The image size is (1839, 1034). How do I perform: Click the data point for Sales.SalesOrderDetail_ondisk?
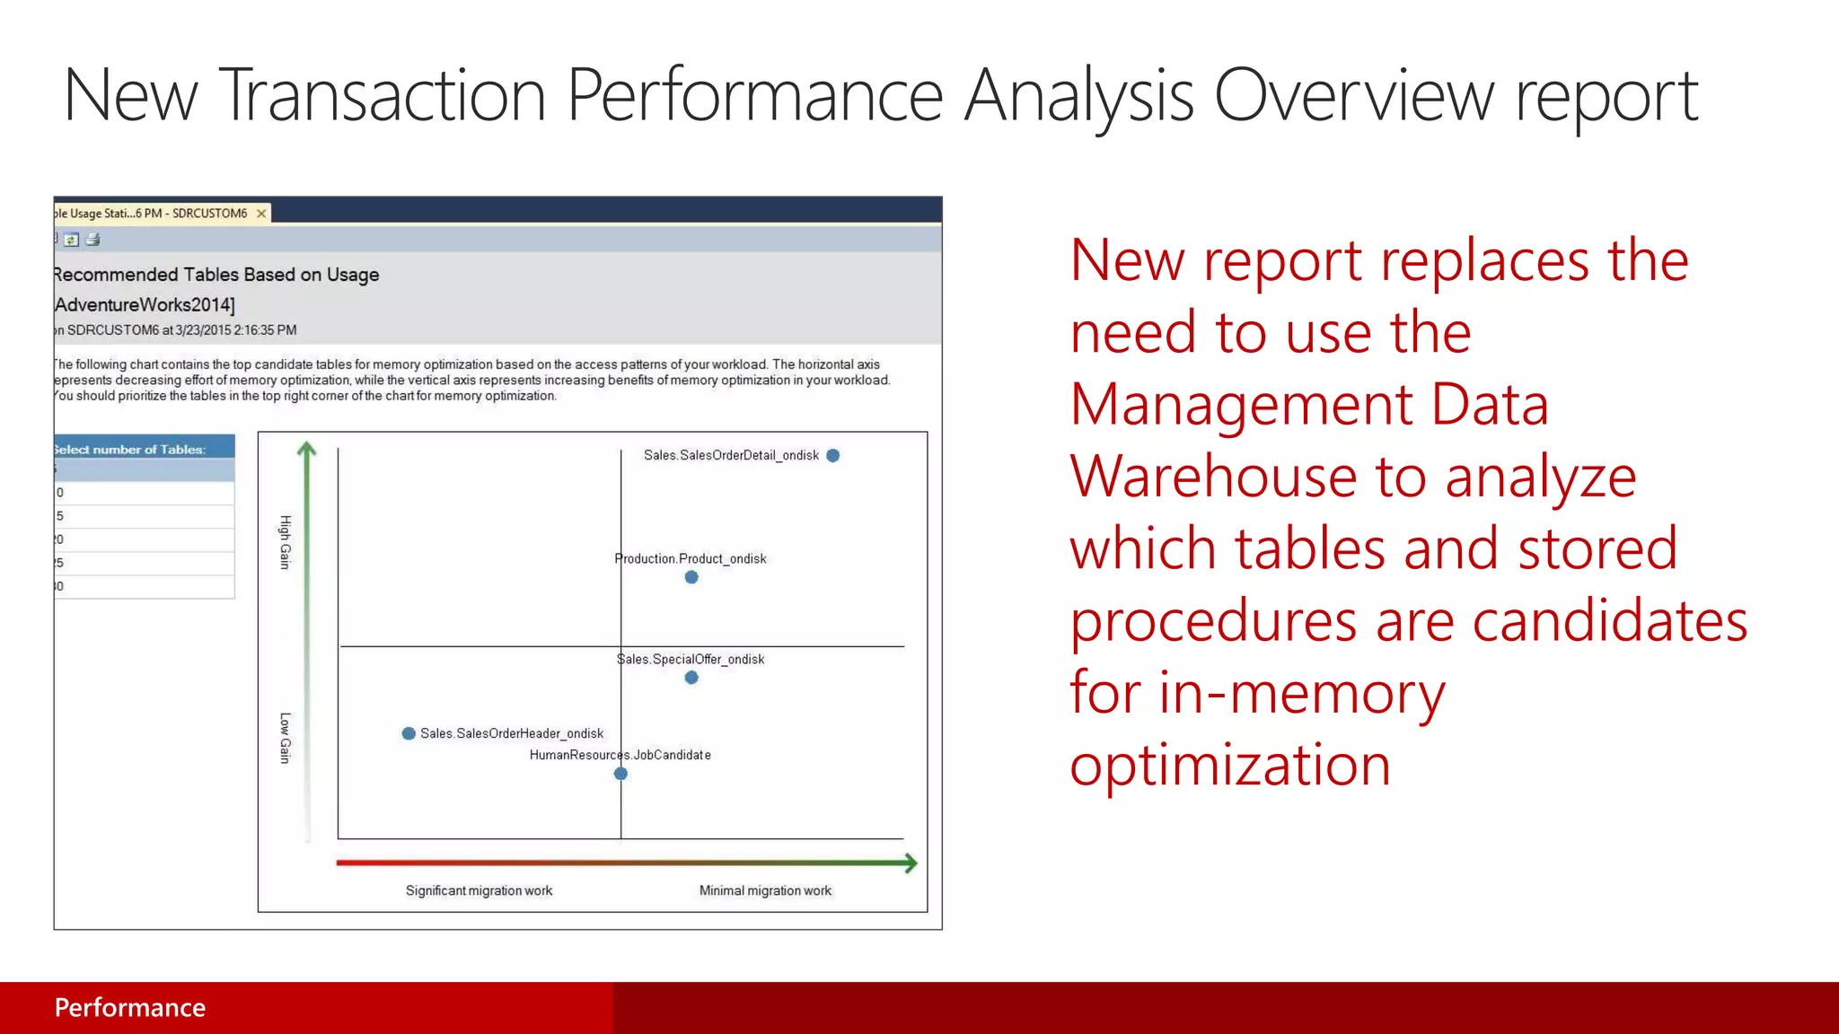pyautogui.click(x=832, y=456)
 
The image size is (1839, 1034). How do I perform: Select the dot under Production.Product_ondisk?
pyautogui.click(x=691, y=577)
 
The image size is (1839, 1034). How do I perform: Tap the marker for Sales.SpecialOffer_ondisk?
pyautogui.click(x=691, y=678)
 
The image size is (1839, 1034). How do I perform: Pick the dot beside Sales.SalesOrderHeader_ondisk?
pyautogui.click(x=409, y=733)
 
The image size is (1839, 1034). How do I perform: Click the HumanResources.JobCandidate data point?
pyautogui.click(x=620, y=774)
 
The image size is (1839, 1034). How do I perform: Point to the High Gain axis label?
pyautogui.click(x=286, y=542)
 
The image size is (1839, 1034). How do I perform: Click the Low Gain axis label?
pyautogui.click(x=286, y=738)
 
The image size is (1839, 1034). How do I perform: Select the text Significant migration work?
pyautogui.click(x=479, y=890)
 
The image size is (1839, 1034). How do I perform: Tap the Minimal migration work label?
pyautogui.click(x=765, y=890)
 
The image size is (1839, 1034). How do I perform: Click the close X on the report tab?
pyautogui.click(x=261, y=214)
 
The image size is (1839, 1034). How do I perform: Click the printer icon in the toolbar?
pyautogui.click(x=92, y=240)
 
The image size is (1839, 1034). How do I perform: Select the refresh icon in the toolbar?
pyautogui.click(x=71, y=240)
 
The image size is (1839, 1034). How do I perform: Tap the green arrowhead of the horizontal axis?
pyautogui.click(x=911, y=863)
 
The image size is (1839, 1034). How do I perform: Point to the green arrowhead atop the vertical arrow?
pyautogui.click(x=307, y=448)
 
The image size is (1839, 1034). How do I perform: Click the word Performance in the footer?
pyautogui.click(x=130, y=1008)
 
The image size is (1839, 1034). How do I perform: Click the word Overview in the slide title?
pyautogui.click(x=1354, y=96)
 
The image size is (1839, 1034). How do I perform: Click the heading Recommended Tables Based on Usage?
pyautogui.click(x=216, y=275)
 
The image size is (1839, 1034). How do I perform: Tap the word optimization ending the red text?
pyautogui.click(x=1230, y=765)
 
